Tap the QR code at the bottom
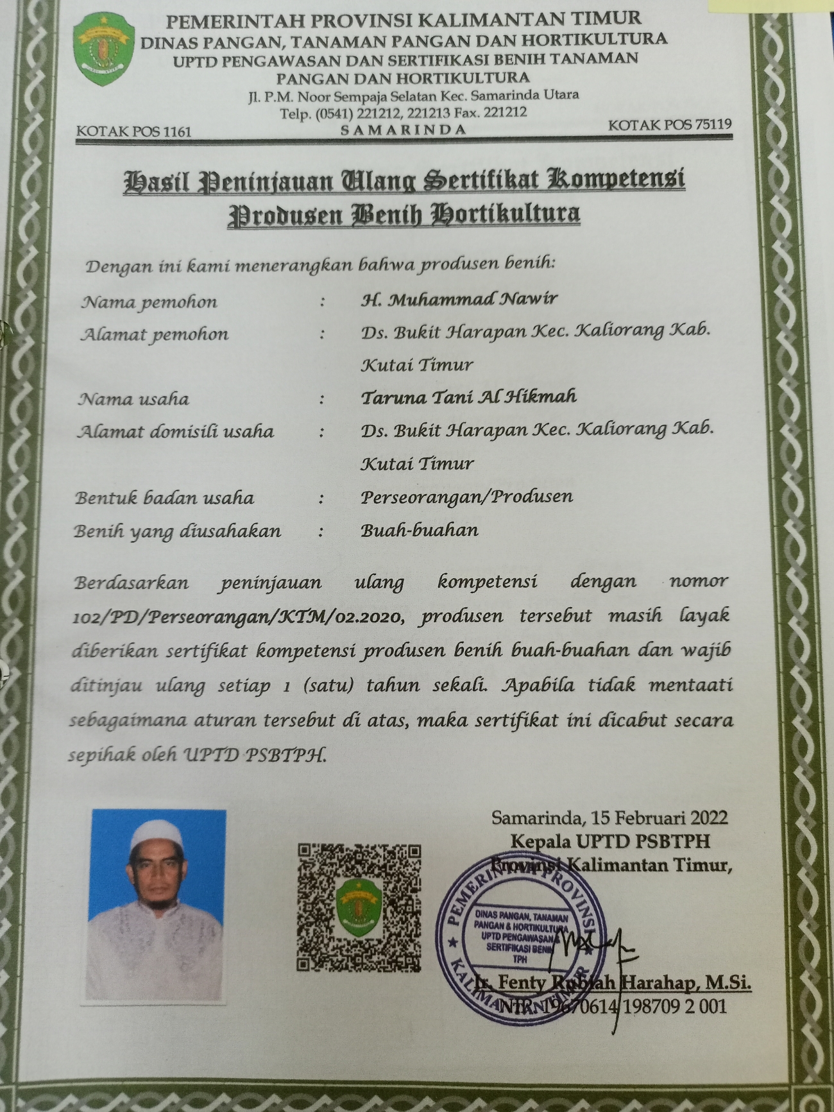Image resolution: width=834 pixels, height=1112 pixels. (359, 907)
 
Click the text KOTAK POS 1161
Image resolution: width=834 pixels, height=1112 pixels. (133, 132)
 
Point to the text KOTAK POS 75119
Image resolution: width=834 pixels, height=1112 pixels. (669, 124)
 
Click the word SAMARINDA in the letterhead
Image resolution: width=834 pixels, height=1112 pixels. (403, 130)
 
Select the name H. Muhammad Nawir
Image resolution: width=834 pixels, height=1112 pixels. (459, 299)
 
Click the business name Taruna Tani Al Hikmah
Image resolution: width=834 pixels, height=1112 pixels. (468, 397)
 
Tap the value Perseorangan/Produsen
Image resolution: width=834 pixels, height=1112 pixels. (466, 497)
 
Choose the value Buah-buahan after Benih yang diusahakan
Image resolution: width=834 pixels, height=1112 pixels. (419, 531)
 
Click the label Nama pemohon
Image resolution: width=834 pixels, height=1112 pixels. (149, 302)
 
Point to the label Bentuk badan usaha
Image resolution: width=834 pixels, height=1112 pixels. (164, 498)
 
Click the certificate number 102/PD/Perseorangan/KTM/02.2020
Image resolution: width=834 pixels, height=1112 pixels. (238, 617)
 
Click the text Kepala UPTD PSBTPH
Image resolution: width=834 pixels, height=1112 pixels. (610, 841)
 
